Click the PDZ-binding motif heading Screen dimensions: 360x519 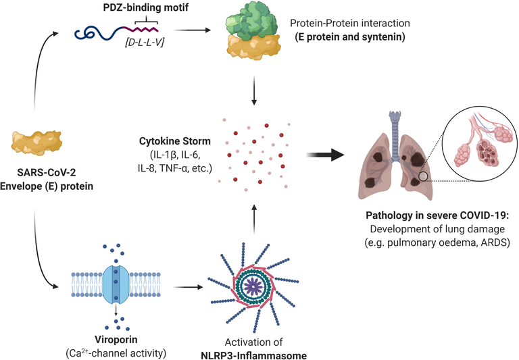[136, 7]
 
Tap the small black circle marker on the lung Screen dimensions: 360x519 [424, 177]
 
